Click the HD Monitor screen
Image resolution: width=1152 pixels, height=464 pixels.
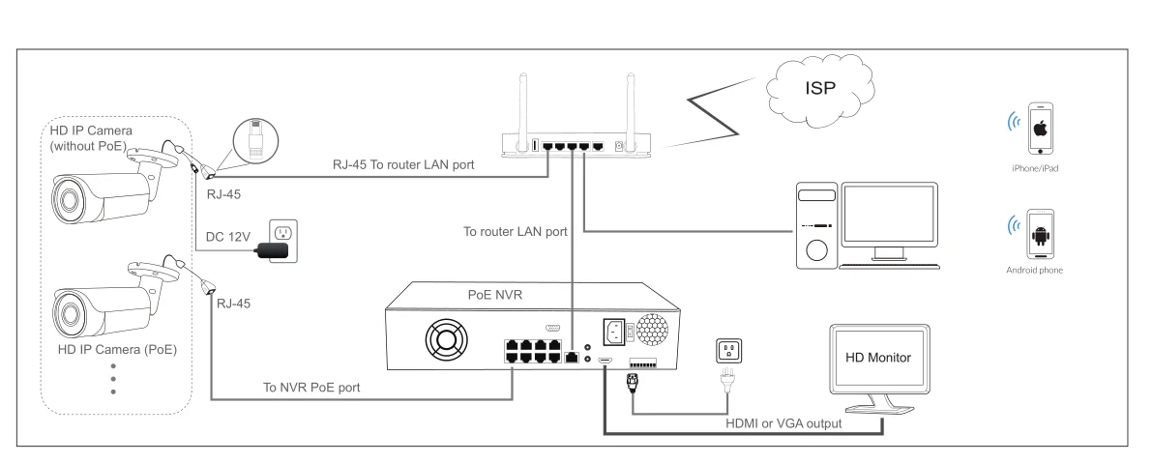tap(879, 359)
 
